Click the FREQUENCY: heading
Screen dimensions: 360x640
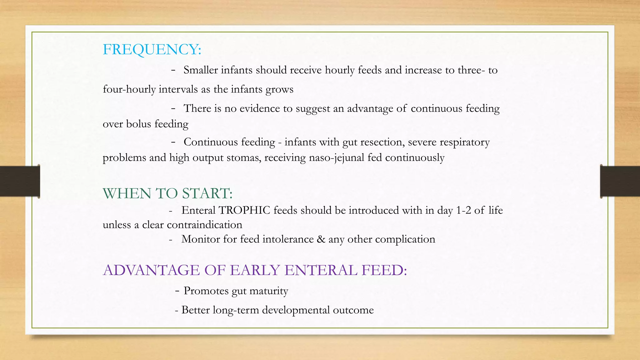coord(152,49)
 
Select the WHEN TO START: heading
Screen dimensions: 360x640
coord(167,193)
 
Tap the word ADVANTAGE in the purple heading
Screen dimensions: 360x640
coord(151,270)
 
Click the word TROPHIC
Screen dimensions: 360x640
coord(244,210)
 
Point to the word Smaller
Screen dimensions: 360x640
coord(200,70)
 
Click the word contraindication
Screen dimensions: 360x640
coord(204,225)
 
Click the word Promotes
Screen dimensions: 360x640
coord(206,291)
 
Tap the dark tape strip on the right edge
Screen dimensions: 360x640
coord(620,181)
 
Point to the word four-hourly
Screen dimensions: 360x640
coord(129,89)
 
